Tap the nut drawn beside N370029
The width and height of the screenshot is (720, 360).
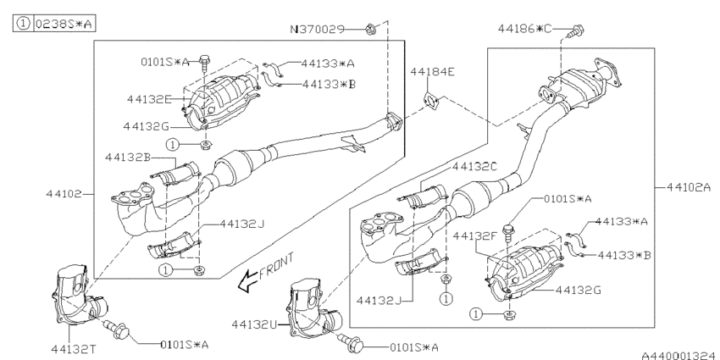[371, 30]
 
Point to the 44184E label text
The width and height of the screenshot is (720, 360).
[432, 72]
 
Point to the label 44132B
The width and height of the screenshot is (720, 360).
[129, 157]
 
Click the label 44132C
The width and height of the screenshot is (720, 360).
[478, 167]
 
